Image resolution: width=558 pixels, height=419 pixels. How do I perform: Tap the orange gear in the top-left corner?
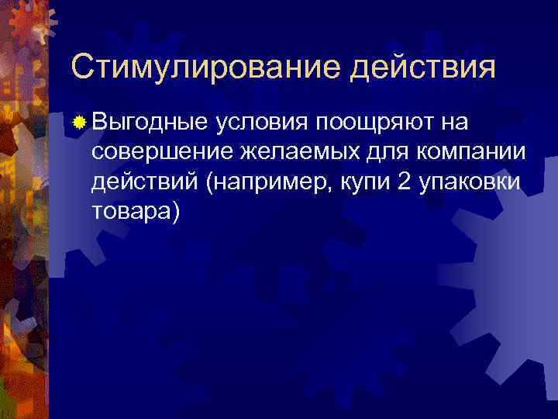click(27, 27)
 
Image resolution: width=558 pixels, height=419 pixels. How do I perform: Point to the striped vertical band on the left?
click(23, 233)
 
